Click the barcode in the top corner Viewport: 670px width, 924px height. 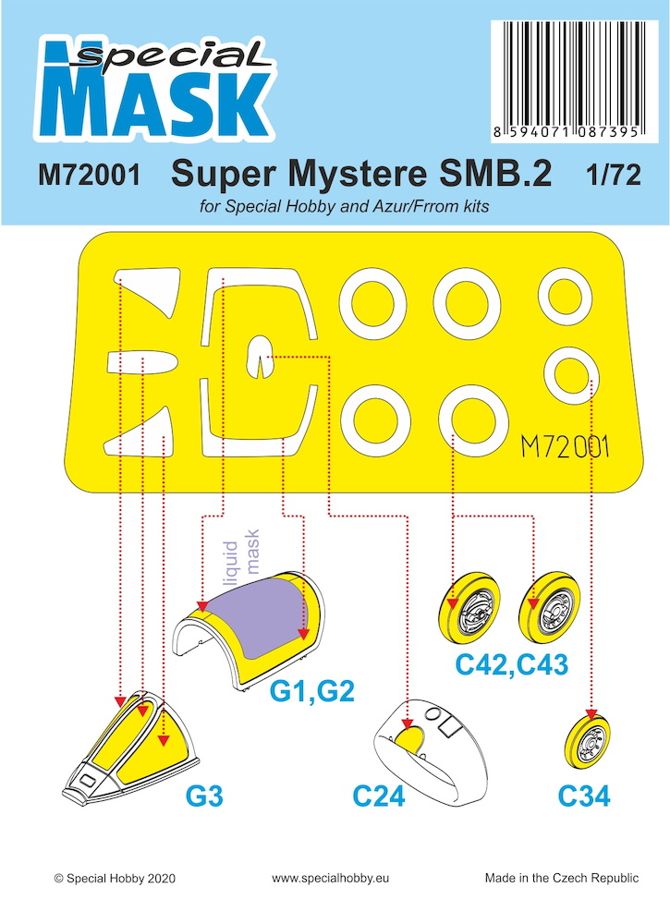pos(575,80)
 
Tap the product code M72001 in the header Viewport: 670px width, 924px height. pos(90,175)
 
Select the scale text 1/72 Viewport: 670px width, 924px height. pos(613,175)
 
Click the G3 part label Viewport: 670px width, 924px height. pos(204,796)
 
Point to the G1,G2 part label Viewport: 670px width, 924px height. pos(311,690)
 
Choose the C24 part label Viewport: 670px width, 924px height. pos(379,796)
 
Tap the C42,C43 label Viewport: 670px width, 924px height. pos(511,664)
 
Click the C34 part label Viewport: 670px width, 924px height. pos(584,796)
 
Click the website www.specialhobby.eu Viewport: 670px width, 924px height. pos(330,878)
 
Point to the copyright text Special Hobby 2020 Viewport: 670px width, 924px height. pos(115,878)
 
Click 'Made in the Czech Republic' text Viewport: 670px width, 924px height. pos(562,878)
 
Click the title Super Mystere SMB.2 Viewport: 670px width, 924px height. pos(361,174)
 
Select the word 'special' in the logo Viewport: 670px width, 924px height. pos(171,57)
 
